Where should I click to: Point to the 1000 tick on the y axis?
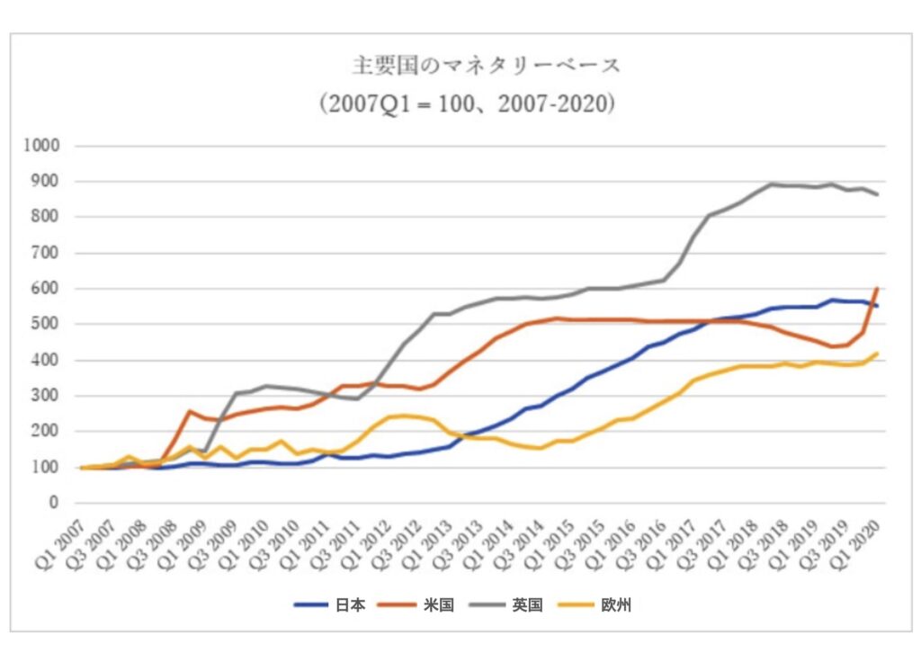tap(42, 146)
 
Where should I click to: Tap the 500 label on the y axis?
tap(47, 324)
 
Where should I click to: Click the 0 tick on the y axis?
tap(54, 503)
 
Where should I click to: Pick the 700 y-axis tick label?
tap(47, 253)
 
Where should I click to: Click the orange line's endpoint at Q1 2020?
tap(877, 289)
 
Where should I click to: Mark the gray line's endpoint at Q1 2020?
tap(877, 194)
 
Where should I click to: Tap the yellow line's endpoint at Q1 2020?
tap(877, 353)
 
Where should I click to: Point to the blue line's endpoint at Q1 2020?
tap(877, 307)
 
